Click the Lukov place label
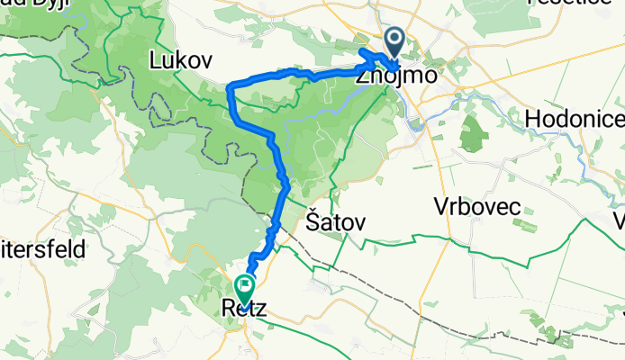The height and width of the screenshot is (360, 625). tap(180, 61)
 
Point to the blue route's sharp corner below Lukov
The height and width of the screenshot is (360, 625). tap(231, 86)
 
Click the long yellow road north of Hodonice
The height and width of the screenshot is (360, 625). tap(540, 67)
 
